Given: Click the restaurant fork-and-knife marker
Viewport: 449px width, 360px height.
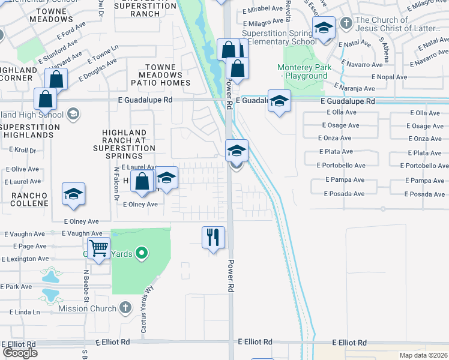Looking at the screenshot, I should tap(213, 238).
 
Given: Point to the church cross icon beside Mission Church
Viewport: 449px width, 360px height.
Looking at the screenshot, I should tap(125, 308).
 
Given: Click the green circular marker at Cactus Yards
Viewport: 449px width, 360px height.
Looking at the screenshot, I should tap(142, 253).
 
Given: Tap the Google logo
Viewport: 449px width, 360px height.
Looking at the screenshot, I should tap(20, 353).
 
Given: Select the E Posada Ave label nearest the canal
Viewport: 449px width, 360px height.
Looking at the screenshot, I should tap(344, 194).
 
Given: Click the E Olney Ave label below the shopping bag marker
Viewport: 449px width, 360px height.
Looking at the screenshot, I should tap(140, 205).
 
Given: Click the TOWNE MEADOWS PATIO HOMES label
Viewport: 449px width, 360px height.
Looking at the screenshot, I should tap(163, 75).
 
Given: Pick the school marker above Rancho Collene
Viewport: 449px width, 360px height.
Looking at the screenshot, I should tap(74, 194).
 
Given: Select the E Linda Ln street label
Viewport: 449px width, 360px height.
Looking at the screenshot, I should tap(25, 312).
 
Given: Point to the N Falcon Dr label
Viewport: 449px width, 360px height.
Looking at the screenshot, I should tap(115, 185).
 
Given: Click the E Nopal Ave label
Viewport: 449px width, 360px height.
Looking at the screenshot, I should tap(389, 77).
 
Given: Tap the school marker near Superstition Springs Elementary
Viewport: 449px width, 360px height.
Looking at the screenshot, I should tap(324, 28).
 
